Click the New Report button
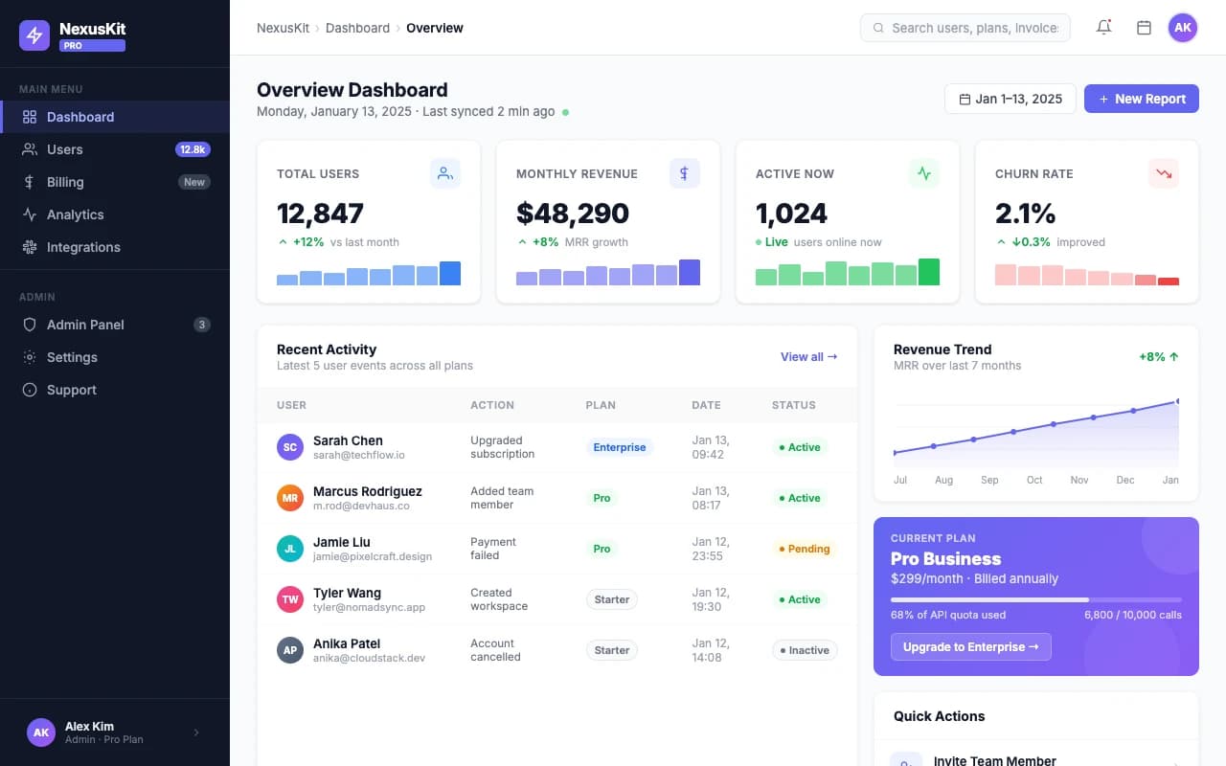1141,99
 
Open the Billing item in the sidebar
65,182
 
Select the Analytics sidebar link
75,214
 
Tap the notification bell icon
1103,28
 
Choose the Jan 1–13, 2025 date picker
1010,99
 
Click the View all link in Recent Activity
808,357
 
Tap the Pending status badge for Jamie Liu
805,549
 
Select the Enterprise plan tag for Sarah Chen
619,447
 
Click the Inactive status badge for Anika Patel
805,650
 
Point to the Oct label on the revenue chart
1034,480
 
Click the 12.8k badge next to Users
193,149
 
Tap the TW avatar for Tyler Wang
289,599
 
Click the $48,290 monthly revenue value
572,213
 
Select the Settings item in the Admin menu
72,357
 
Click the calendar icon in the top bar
1144,28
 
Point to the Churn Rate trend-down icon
1163,173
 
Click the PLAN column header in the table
601,405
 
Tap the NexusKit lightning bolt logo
34,36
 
